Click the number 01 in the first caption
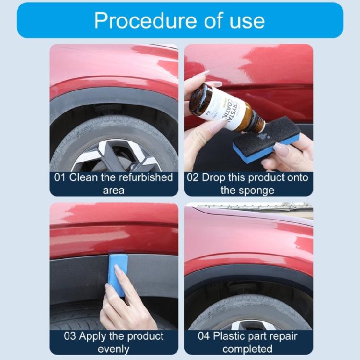(60, 177)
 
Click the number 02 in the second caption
(192, 177)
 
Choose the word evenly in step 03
(114, 348)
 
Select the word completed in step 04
(248, 348)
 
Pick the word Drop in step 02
(214, 177)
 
